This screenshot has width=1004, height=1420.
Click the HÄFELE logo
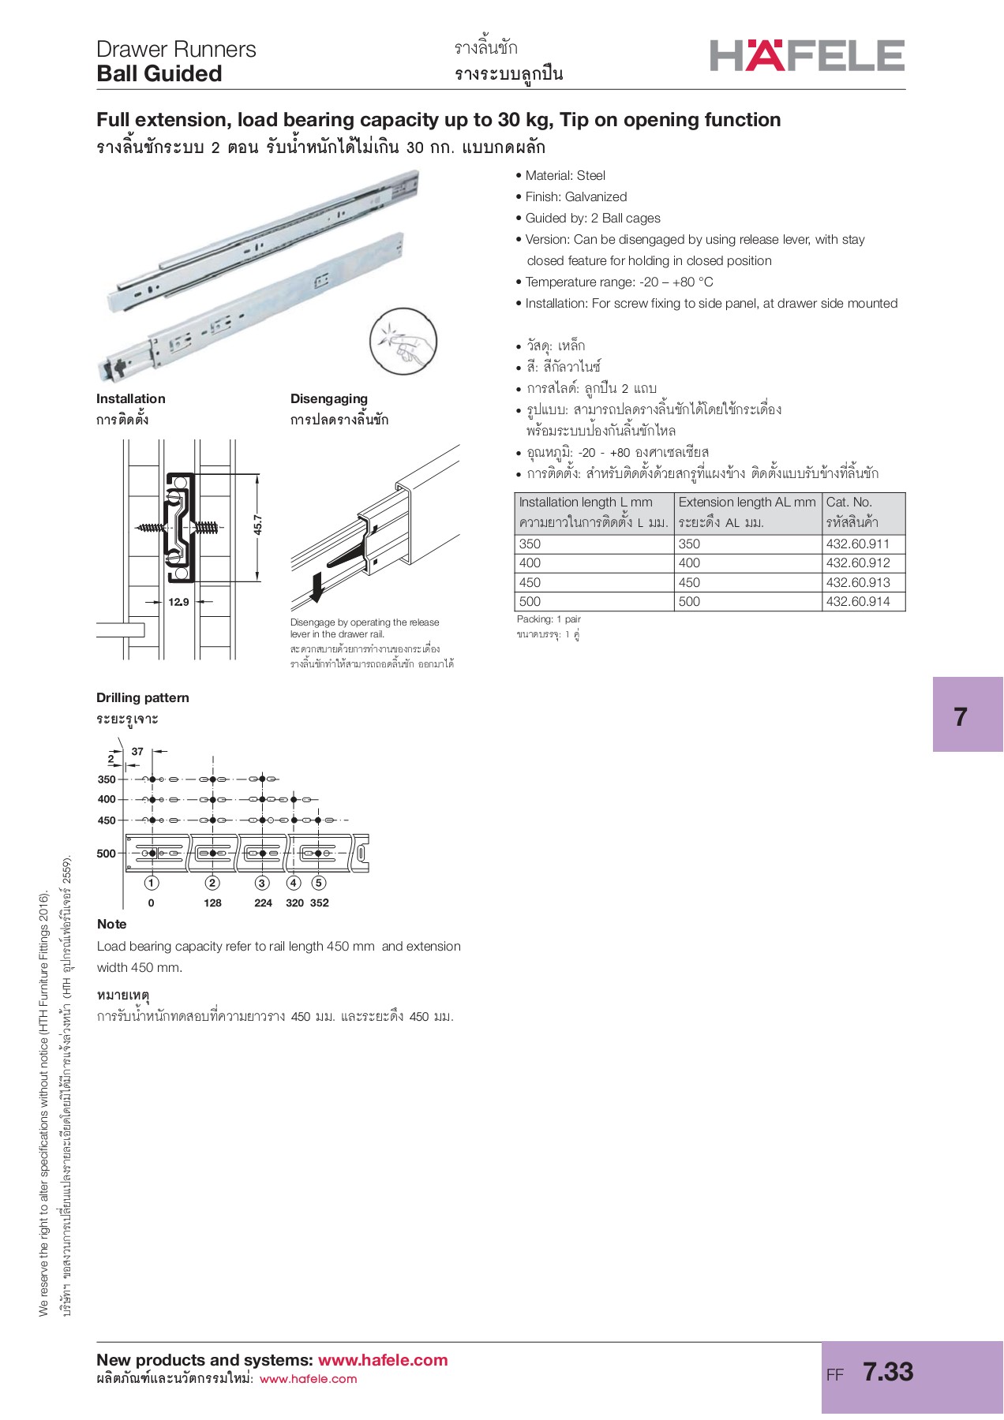pos(807,55)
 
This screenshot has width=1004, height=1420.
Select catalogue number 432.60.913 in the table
pos(857,582)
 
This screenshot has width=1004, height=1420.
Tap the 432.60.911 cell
pos(857,544)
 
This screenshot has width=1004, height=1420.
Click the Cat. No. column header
pos(849,502)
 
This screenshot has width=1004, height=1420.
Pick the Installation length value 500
pos(530,601)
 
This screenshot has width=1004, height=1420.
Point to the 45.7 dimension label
pos(258,525)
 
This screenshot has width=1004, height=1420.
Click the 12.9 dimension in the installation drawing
pos(178,602)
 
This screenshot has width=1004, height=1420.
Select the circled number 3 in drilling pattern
pos(263,883)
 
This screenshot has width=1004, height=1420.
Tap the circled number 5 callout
pos(318,883)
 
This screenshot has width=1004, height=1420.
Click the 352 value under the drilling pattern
pos(319,902)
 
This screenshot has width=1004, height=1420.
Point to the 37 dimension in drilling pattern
pos(137,751)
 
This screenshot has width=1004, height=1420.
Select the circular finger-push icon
pos(403,342)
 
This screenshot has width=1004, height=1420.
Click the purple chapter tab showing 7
pos(967,715)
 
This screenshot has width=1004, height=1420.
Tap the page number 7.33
pos(888,1372)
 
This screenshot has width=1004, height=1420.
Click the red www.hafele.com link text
pos(383,1360)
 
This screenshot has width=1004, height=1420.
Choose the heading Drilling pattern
pos(143,697)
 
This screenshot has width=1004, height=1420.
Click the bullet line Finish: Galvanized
pos(575,196)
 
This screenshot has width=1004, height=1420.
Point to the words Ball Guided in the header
pos(159,73)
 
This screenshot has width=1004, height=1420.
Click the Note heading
pos(111,924)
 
